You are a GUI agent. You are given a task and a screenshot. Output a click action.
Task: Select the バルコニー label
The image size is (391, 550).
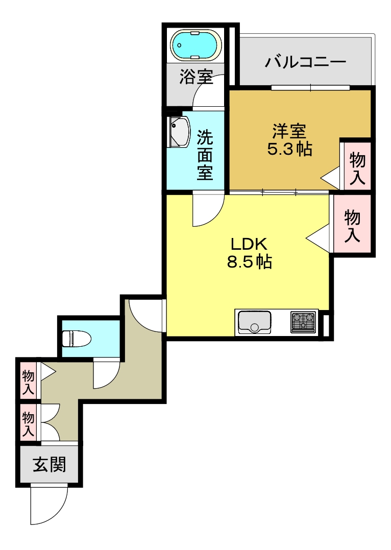tap(306, 63)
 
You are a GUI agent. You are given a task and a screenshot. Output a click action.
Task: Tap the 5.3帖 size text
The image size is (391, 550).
tap(289, 150)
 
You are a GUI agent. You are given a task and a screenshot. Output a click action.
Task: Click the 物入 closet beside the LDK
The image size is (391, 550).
tap(352, 225)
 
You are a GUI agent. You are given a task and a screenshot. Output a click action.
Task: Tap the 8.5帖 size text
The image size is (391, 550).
tap(249, 262)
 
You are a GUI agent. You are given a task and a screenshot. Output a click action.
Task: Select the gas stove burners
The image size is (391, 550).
tap(303, 322)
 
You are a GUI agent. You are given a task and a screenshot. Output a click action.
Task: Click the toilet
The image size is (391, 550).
tap(76, 338)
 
